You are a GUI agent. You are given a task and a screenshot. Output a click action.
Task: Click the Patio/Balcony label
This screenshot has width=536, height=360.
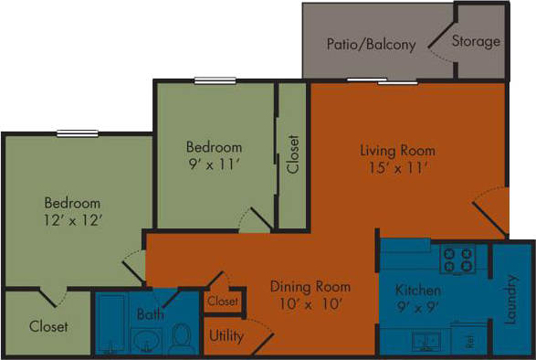[371, 44]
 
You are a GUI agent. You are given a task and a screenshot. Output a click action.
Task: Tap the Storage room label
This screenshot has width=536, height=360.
[476, 41]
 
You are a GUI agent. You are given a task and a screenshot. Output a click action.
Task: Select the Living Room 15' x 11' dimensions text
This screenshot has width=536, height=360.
[396, 167]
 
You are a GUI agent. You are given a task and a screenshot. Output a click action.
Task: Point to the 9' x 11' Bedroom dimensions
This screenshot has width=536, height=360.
[214, 164]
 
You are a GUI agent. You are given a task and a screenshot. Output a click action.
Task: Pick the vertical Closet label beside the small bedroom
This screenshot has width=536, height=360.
[292, 155]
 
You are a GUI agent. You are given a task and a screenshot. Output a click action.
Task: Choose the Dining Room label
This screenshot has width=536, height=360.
[310, 286]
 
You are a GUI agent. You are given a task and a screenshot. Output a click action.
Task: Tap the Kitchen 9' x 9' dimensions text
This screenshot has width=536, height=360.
[419, 308]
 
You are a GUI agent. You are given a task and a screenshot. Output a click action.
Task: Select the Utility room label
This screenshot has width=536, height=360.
[226, 335]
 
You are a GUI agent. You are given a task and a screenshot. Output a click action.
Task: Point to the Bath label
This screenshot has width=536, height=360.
[150, 314]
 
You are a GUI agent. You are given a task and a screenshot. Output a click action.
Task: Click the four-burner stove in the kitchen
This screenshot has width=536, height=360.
[457, 259]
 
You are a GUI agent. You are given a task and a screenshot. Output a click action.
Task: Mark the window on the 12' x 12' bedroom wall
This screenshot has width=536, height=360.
[77, 133]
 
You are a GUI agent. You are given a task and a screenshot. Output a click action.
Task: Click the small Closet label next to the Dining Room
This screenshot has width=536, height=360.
[223, 301]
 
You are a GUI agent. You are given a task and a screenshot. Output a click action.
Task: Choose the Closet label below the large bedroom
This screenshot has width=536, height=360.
[47, 326]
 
